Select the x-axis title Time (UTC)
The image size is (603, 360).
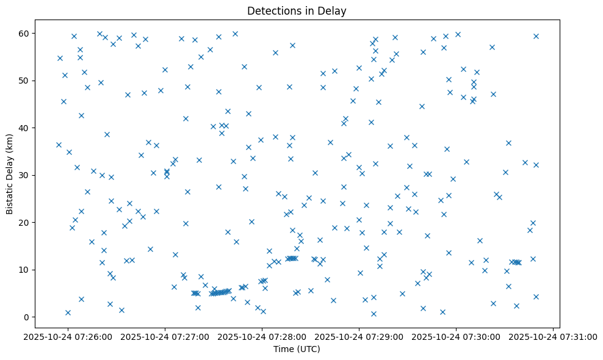297,350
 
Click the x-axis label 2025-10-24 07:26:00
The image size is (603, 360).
68,337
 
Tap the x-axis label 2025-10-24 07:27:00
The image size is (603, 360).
165,337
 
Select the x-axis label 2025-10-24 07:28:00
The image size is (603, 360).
262,337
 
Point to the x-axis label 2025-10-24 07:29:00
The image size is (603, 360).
359,337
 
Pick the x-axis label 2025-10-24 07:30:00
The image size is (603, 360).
457,337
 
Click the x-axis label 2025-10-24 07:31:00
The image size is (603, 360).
554,337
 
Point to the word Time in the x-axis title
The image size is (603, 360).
283,350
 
